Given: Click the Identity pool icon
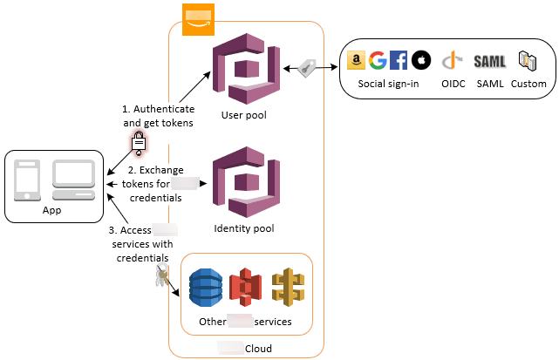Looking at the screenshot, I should [x=244, y=183].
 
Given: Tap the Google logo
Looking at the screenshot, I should [x=378, y=60].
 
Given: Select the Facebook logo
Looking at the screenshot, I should [x=399, y=60].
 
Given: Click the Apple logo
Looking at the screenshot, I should [x=421, y=60].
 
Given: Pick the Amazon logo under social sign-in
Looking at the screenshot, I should [x=356, y=60].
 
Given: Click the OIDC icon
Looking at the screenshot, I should [x=451, y=61].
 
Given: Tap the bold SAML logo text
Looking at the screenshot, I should [x=490, y=61].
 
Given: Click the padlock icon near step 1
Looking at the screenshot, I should [x=138, y=141].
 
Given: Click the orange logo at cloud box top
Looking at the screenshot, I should [x=198, y=19].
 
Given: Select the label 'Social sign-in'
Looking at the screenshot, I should [x=389, y=84].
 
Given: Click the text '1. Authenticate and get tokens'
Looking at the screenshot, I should [x=157, y=117].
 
